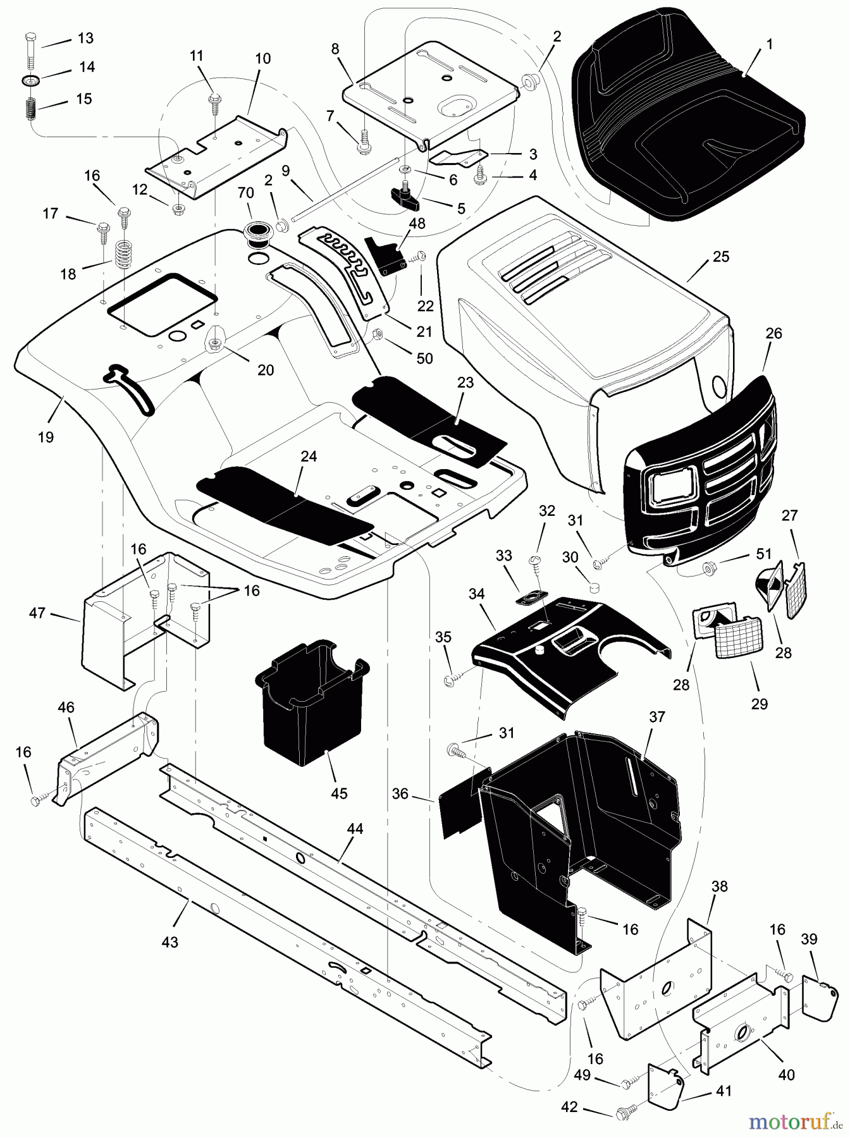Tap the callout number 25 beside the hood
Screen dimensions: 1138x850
tap(720, 257)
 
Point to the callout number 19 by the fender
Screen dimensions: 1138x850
tap(46, 436)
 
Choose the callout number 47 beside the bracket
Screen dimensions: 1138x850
tap(37, 612)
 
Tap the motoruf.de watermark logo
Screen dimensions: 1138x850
tap(794, 1123)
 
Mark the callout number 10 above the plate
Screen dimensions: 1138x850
tap(262, 59)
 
